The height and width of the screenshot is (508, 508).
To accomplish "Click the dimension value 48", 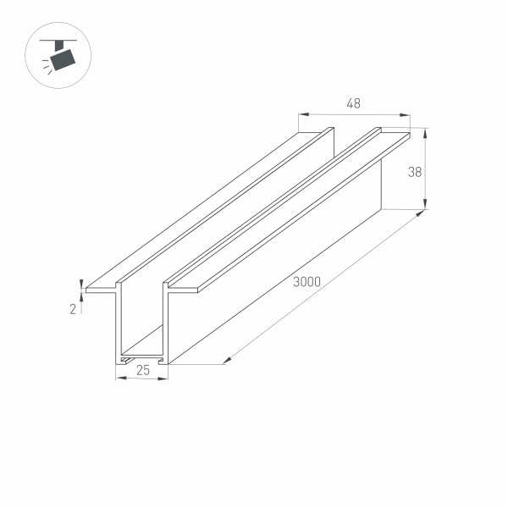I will (x=354, y=104).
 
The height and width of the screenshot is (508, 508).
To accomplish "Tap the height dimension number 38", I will (x=415, y=172).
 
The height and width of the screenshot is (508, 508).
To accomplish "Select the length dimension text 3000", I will (x=306, y=283).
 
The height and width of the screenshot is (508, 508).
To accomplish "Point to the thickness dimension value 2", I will (x=74, y=309).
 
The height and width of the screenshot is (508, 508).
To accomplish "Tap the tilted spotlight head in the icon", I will (x=63, y=59).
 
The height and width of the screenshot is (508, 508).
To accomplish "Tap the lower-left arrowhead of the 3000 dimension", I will (x=227, y=361).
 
